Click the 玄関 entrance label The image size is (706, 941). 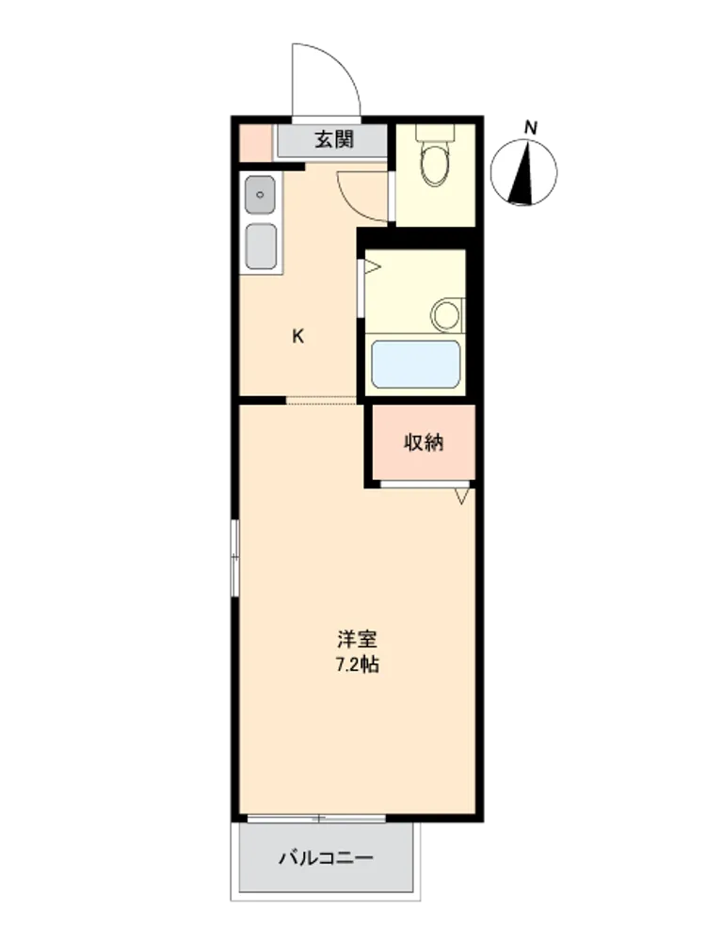click(334, 139)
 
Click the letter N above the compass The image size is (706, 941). click(531, 127)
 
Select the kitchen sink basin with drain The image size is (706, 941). click(261, 195)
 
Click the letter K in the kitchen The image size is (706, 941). click(297, 336)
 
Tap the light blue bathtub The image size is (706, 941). click(415, 364)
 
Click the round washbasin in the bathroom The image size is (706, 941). click(446, 315)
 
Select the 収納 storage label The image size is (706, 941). click(424, 442)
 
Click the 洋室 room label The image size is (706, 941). click(357, 639)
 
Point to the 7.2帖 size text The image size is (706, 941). click(357, 665)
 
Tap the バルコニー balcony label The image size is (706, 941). click(326, 857)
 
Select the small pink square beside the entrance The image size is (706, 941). click(255, 143)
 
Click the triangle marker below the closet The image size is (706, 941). click(461, 496)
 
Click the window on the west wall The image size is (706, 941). click(234, 557)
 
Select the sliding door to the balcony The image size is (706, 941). click(316, 818)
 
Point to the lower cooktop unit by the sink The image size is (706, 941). click(262, 246)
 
